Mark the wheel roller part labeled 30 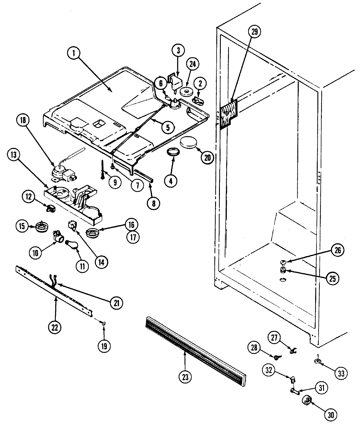(307, 400)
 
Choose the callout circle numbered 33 (341, 373)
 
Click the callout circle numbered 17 (133, 237)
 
